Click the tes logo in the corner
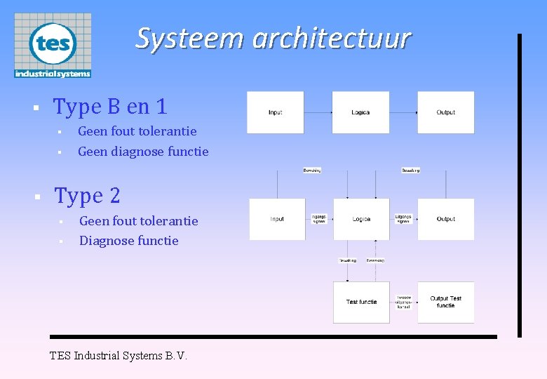53,45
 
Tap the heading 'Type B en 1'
110,107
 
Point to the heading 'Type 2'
88,196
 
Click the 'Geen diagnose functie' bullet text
143,152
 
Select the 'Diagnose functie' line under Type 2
129,241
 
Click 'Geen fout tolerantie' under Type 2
139,221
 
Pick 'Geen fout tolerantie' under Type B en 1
137,131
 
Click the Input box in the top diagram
276,112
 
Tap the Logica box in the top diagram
360,112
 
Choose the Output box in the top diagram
445,112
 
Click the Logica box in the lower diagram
361,219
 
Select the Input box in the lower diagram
277,219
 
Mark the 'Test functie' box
361,302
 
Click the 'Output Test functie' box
446,302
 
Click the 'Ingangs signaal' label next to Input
319,219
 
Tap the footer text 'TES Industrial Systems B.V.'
119,356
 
